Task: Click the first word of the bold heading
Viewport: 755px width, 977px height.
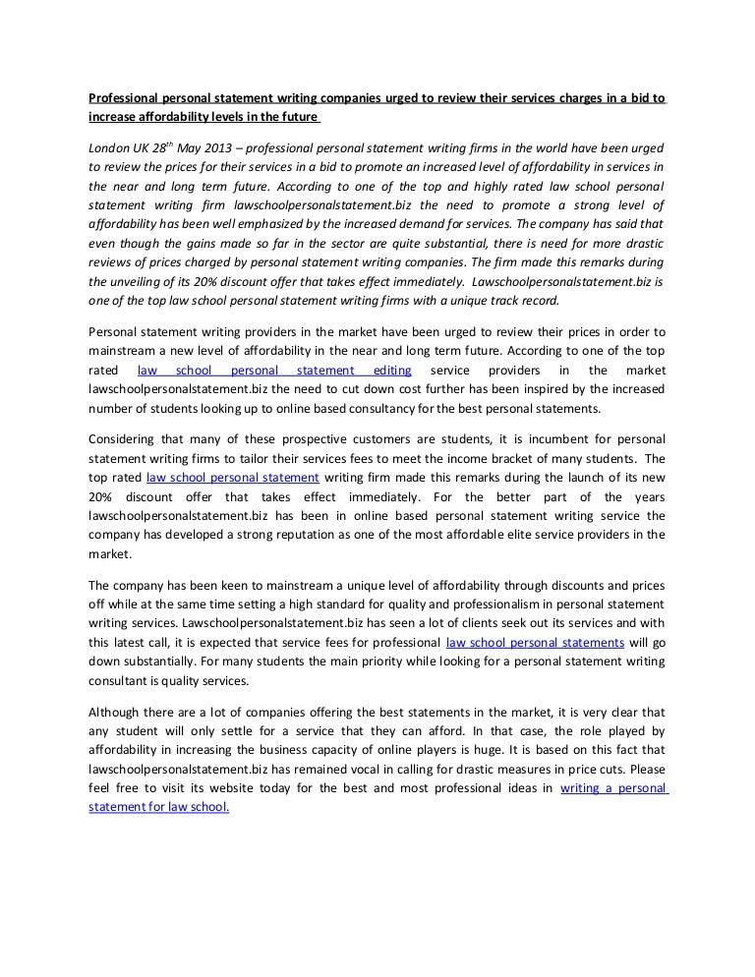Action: point(123,98)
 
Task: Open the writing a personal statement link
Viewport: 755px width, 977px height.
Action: point(614,789)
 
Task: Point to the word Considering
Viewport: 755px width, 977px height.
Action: point(125,437)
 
